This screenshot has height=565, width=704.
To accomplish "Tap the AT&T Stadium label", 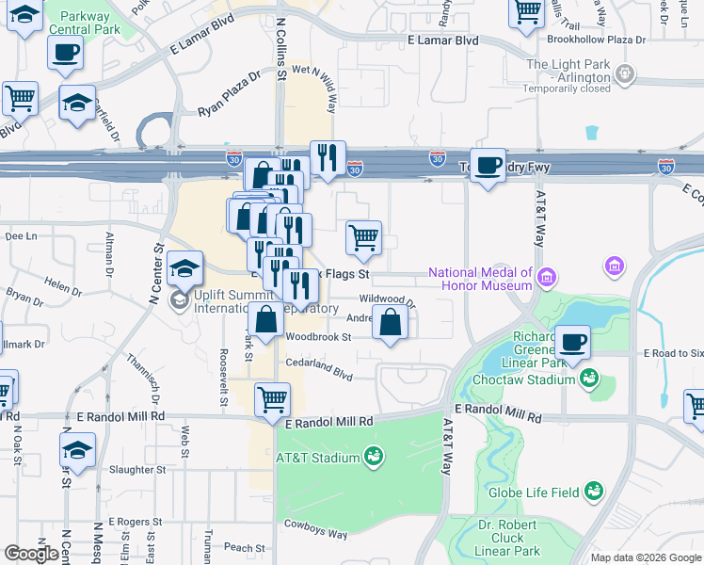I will pyautogui.click(x=317, y=459).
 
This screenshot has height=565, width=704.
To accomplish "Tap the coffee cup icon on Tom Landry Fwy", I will pyautogui.click(x=487, y=166).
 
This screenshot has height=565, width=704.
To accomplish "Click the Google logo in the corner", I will pyautogui.click(x=31, y=553).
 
